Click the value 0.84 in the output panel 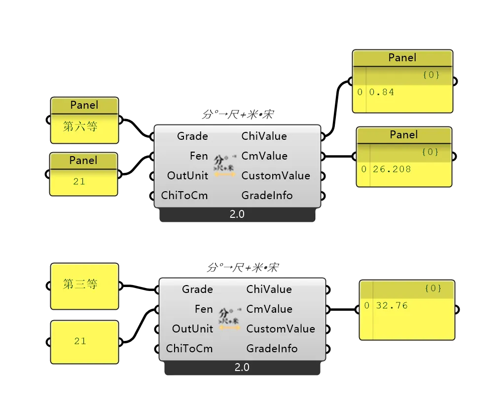(382, 92)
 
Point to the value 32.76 (392, 305)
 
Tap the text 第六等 (80, 127)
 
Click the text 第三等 (80, 284)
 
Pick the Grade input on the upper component (192, 136)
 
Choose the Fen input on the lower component (204, 309)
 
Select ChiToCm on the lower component (189, 348)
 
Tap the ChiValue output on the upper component (264, 136)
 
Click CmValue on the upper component (264, 156)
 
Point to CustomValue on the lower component (281, 329)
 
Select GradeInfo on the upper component (267, 195)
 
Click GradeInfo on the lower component (272, 348)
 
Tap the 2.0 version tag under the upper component (237, 214)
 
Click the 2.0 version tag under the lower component (242, 368)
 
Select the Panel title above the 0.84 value (402, 57)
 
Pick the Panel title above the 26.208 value (404, 134)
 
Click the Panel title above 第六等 (84, 105)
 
